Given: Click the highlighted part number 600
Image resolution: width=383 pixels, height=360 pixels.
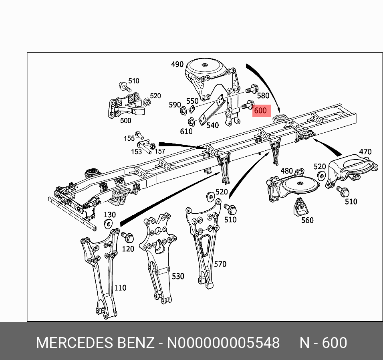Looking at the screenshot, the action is coord(261,111).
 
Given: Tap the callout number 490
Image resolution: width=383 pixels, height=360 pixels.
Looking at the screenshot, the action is coord(177,64).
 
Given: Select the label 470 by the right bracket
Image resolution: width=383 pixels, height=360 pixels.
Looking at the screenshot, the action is coord(365,152).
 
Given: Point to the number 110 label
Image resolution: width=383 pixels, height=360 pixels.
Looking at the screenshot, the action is coord(120,287).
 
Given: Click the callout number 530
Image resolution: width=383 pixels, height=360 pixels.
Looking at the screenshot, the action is coord(178,276).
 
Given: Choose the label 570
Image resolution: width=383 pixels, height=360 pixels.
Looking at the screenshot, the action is coord(220,264).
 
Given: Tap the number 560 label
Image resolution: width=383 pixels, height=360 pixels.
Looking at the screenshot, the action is coord(307,220).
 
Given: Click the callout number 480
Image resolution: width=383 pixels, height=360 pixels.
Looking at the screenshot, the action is coord(286,171).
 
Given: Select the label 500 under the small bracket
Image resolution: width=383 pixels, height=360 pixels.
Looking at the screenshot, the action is coord(125,120).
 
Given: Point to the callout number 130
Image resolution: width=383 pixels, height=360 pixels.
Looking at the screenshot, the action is coord(109,214).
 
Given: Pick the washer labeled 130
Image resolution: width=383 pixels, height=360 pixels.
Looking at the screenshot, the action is coord(108,224).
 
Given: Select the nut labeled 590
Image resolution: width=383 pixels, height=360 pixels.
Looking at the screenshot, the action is coord(183,111).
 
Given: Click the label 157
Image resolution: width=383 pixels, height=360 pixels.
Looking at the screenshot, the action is coord(160,151).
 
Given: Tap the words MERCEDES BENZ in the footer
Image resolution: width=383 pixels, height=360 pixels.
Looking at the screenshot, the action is coord(95,343).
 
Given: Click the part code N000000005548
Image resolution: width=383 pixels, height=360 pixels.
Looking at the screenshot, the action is coord(223,343).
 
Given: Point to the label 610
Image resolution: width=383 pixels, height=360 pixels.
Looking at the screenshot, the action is coord(186,131).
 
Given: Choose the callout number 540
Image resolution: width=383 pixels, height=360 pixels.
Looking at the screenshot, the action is coord(212,125).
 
